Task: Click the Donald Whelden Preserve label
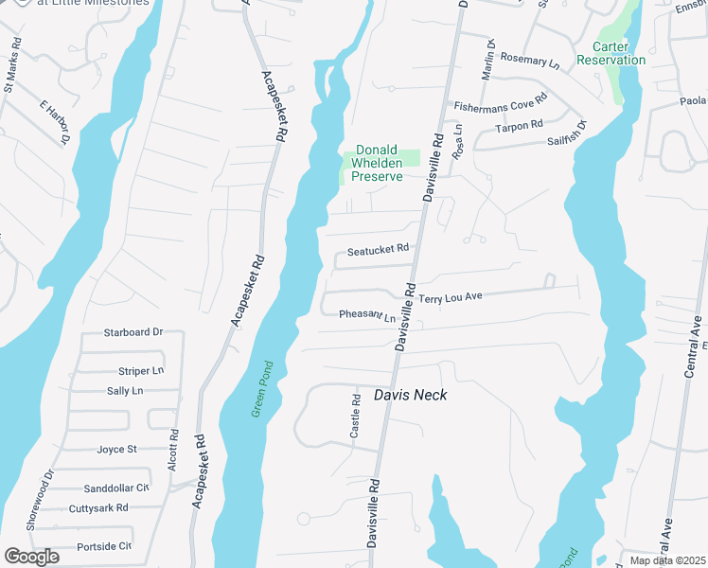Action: (x=379, y=163)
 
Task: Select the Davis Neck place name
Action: (x=410, y=395)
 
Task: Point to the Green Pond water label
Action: (x=263, y=389)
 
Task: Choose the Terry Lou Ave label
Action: (x=451, y=297)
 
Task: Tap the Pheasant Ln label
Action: (x=367, y=314)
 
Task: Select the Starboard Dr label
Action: (x=133, y=333)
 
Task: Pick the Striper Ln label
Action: (x=141, y=371)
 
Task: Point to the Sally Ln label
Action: (x=125, y=390)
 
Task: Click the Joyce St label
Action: (x=117, y=449)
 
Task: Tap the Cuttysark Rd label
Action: (x=98, y=508)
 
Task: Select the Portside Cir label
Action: (x=104, y=546)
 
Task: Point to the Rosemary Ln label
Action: (x=529, y=61)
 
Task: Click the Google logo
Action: (x=31, y=557)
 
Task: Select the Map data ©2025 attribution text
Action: (x=666, y=560)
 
